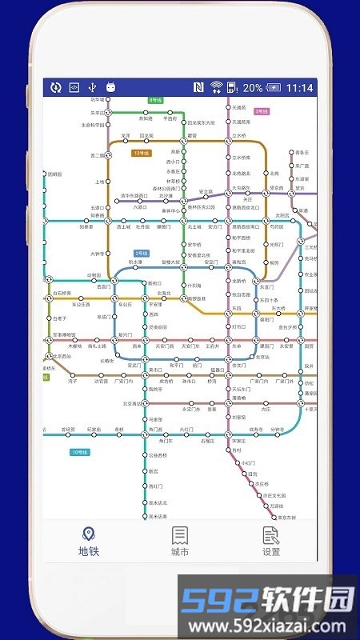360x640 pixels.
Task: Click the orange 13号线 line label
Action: point(143,152)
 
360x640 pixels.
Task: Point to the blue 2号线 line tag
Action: point(142,253)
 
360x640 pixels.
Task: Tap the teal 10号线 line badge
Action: point(80,453)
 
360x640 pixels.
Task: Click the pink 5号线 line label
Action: point(262,111)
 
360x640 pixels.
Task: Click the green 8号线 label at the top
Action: point(155,100)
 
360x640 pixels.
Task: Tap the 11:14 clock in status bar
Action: point(300,88)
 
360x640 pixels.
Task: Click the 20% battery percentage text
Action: point(253,88)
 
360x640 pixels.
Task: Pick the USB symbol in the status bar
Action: point(92,88)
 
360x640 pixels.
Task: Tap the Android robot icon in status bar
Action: point(110,88)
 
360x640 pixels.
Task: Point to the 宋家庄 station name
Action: point(238,441)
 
